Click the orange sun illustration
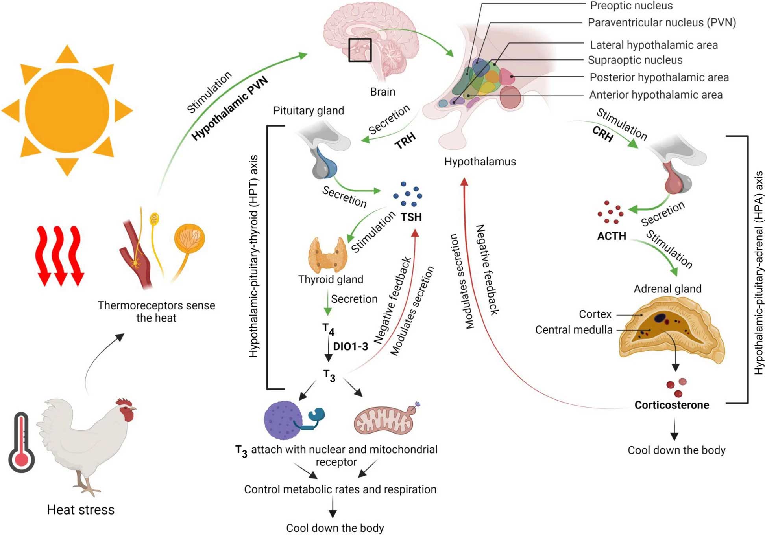point(67,111)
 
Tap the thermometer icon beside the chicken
point(22,442)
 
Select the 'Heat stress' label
point(81,510)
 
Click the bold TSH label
point(411,217)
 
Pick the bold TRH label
point(405,141)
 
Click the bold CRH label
point(603,134)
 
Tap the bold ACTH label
point(612,236)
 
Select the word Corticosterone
point(672,405)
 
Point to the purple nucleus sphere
point(283,420)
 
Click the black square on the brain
point(360,50)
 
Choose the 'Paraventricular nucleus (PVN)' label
point(662,22)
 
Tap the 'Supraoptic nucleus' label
point(635,60)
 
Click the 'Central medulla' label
point(574,330)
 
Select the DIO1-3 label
point(351,346)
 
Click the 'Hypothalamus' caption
point(480,162)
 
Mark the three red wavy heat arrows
point(60,256)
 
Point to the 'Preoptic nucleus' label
point(631,6)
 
